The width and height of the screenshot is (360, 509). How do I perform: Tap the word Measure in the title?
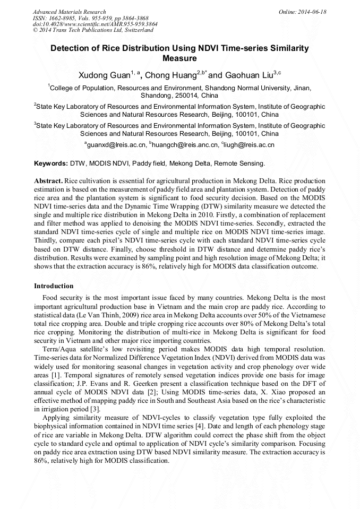(x=179, y=58)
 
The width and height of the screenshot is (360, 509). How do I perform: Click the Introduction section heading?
(x=54, y=286)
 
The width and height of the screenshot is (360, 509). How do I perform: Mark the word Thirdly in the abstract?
(x=46, y=240)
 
